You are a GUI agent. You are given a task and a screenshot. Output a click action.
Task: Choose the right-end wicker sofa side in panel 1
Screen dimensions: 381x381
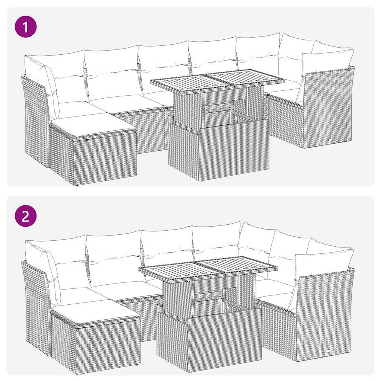(x=327, y=108)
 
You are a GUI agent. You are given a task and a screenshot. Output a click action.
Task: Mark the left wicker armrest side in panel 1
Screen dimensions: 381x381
(x=35, y=119)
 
